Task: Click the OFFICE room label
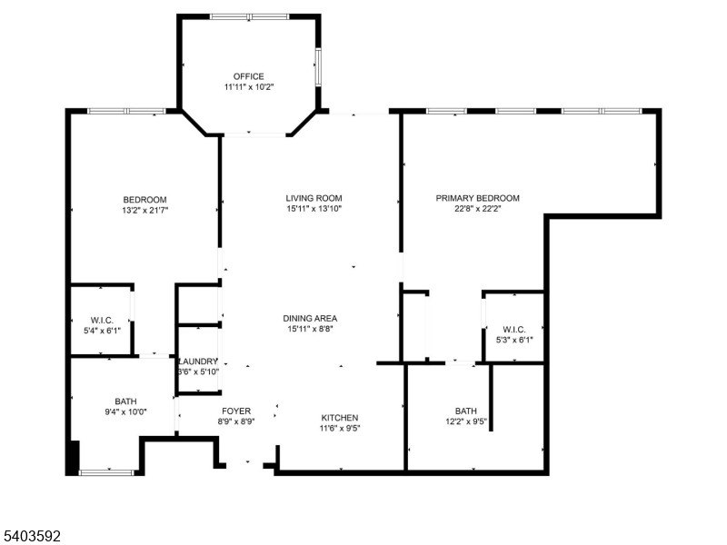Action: coord(248,76)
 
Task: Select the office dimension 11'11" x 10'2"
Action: coord(248,88)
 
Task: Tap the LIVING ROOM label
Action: coord(314,198)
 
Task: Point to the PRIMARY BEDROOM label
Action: coord(477,198)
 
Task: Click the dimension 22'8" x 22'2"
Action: coord(477,210)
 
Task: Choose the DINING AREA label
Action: coord(310,318)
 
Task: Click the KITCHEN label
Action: coord(339,418)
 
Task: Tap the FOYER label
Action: coord(236,411)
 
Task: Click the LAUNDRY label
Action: coord(198,361)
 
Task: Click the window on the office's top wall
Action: coord(249,16)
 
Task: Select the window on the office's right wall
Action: coord(317,65)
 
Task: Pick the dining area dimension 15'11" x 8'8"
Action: coord(310,330)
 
